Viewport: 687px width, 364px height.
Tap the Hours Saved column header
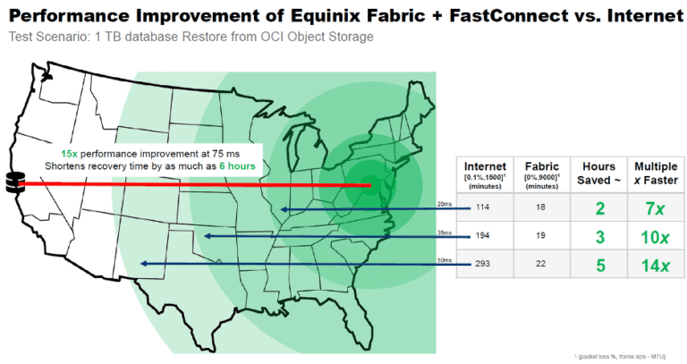point(598,166)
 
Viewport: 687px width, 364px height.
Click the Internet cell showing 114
point(485,208)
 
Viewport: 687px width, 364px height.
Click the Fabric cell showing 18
point(542,208)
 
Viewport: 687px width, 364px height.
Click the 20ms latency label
point(445,204)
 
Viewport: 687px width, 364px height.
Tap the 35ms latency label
point(445,232)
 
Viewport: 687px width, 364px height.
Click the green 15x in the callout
point(70,154)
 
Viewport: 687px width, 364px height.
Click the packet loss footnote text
point(630,356)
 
